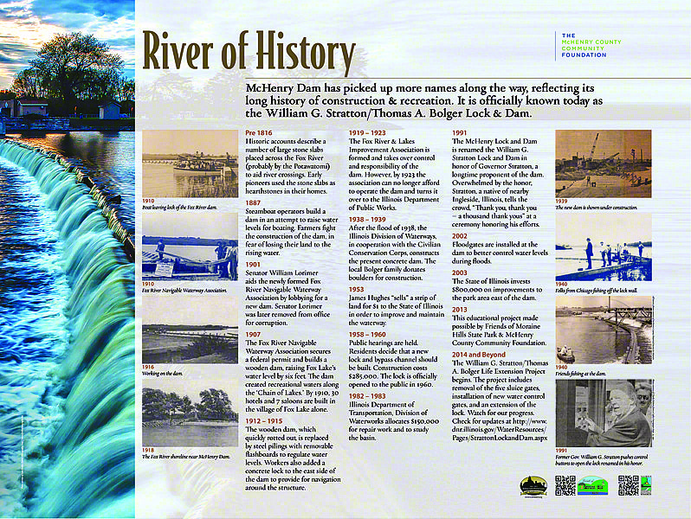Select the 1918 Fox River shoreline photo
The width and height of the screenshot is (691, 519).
190,418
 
